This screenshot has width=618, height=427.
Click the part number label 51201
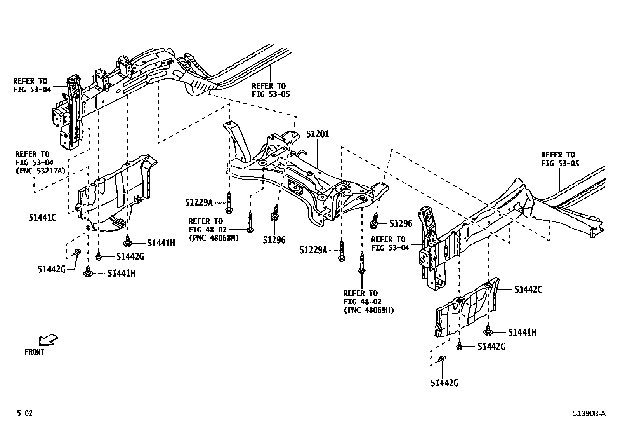[x=317, y=134]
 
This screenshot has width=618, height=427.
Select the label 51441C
[x=42, y=218]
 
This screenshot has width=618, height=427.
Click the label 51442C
[x=528, y=289]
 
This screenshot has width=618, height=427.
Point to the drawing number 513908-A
[x=588, y=414]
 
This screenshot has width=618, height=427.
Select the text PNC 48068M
[x=214, y=238]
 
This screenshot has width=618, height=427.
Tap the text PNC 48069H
[x=368, y=310]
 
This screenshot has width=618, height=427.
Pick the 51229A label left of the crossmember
[x=199, y=202]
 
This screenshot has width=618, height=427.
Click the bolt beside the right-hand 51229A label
[x=342, y=251]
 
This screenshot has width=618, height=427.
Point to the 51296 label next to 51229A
[x=274, y=240]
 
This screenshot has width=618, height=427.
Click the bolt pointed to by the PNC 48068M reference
[x=250, y=222]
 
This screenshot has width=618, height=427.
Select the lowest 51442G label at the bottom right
[x=444, y=383]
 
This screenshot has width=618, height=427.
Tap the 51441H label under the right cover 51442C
[x=522, y=332]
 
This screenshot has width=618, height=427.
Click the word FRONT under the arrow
[x=34, y=352]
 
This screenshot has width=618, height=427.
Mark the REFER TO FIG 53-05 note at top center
[x=271, y=90]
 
